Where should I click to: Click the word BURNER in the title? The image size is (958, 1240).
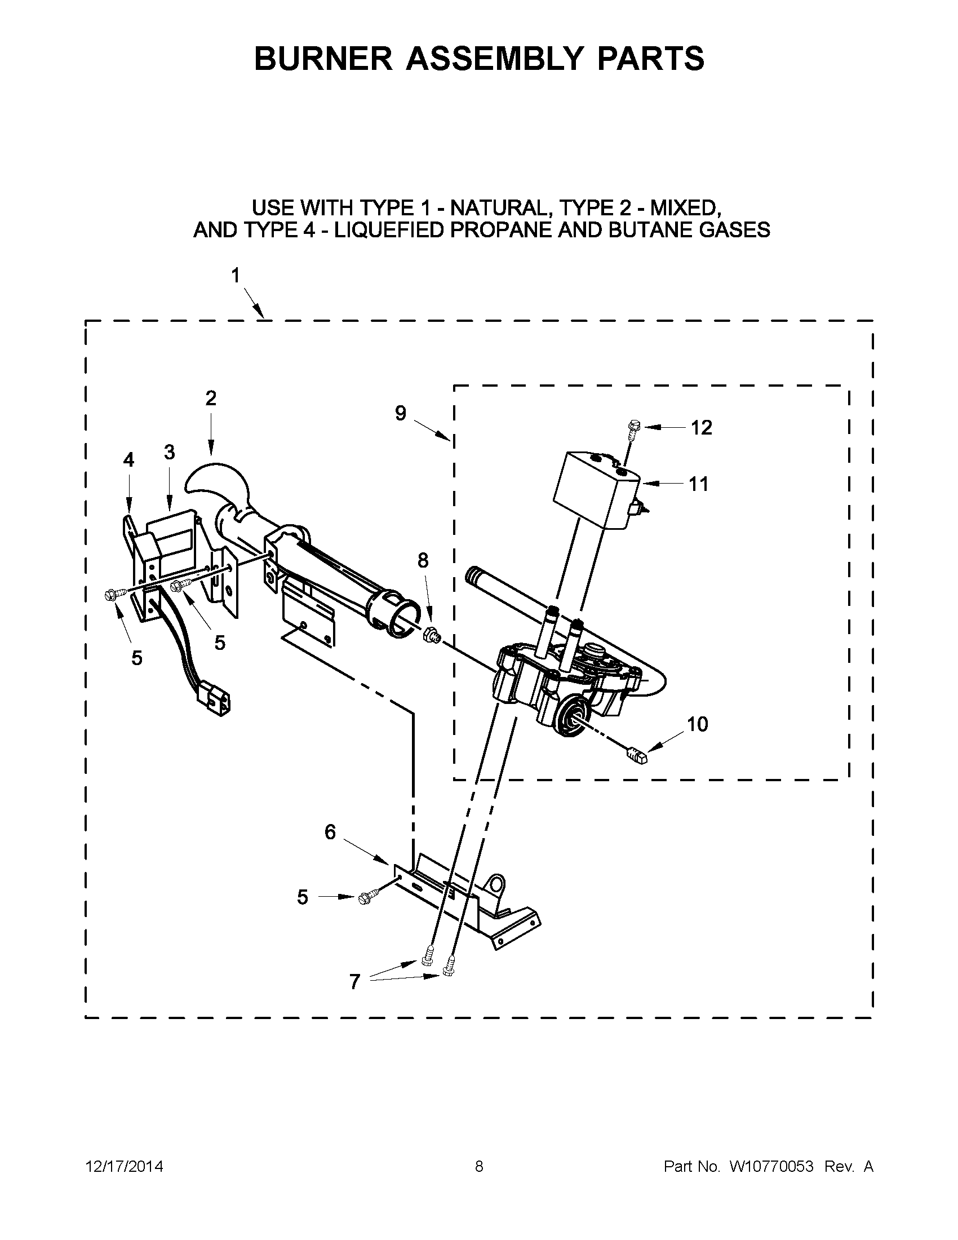(x=323, y=59)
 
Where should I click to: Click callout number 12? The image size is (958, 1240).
(x=701, y=428)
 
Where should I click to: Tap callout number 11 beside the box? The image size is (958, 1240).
(x=699, y=484)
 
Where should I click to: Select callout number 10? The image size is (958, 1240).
(x=697, y=724)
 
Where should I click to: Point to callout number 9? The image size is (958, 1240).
(x=401, y=413)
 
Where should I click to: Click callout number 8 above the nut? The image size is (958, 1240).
(x=423, y=560)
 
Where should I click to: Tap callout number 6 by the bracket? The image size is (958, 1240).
(x=330, y=832)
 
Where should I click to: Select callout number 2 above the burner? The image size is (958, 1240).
(x=211, y=398)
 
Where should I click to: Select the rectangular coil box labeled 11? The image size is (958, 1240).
(x=596, y=488)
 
